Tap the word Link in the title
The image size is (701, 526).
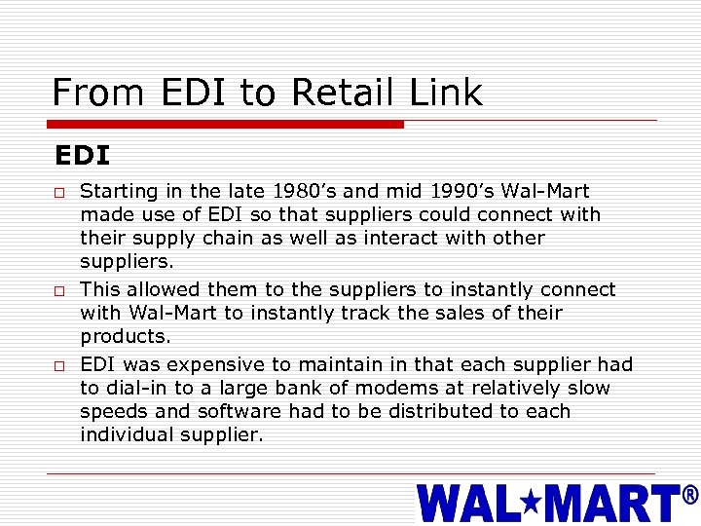pyautogui.click(x=446, y=93)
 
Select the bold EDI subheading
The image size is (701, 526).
pyautogui.click(x=82, y=156)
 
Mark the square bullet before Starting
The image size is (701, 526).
pyautogui.click(x=59, y=193)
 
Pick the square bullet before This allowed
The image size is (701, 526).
pyautogui.click(x=59, y=291)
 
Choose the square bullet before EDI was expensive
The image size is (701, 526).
pyautogui.click(x=59, y=366)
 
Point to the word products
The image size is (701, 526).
pyautogui.click(x=126, y=337)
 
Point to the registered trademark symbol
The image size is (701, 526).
pyautogui.click(x=690, y=496)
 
